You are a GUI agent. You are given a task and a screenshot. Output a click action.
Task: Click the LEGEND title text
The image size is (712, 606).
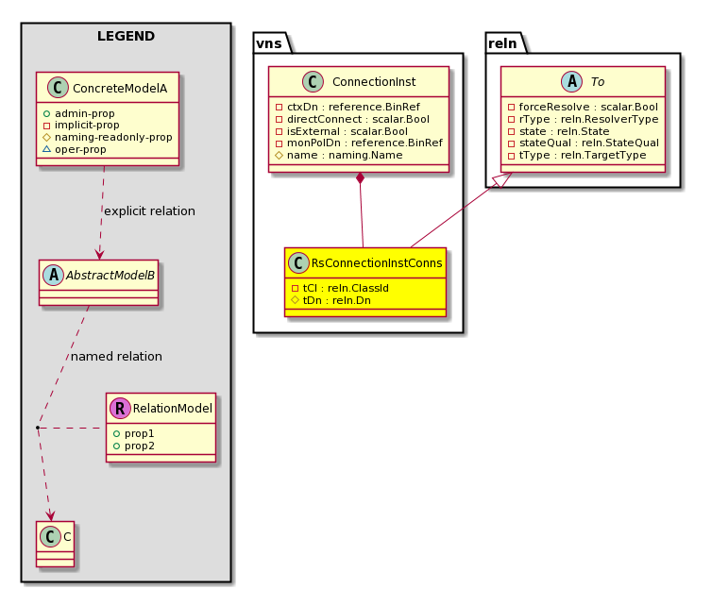click(126, 36)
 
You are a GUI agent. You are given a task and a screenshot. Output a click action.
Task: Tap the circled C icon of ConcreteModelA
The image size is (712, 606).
click(58, 88)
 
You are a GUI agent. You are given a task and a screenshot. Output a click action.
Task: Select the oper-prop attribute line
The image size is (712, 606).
click(75, 149)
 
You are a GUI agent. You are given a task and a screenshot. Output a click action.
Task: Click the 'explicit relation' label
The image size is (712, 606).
click(149, 211)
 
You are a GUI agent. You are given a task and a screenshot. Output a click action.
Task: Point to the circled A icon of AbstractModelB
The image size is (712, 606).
click(54, 275)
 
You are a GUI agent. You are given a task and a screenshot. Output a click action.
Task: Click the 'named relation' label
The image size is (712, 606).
click(116, 357)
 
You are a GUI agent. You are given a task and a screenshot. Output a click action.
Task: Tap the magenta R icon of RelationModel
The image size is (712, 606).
click(120, 408)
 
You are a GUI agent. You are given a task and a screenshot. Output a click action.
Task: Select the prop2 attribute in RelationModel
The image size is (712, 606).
click(133, 446)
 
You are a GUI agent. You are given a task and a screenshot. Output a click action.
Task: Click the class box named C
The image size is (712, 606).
click(56, 544)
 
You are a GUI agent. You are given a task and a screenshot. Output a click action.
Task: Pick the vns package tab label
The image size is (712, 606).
click(269, 43)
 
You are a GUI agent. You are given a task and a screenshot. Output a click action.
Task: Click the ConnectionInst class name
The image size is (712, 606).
click(374, 82)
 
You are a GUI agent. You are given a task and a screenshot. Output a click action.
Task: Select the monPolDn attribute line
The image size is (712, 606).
click(359, 143)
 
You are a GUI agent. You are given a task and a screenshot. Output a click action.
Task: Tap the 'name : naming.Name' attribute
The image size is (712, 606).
click(339, 155)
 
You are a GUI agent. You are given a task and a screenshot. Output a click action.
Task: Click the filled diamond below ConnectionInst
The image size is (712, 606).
click(360, 178)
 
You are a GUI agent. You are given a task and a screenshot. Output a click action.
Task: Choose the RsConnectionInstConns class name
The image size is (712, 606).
click(377, 262)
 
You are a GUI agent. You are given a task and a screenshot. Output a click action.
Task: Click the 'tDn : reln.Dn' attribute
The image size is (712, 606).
click(331, 300)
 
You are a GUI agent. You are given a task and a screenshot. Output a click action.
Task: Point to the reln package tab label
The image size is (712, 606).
click(502, 43)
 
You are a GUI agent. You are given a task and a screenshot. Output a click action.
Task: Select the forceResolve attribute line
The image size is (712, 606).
click(583, 107)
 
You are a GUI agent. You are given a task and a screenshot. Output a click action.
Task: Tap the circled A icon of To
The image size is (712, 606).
click(571, 82)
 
